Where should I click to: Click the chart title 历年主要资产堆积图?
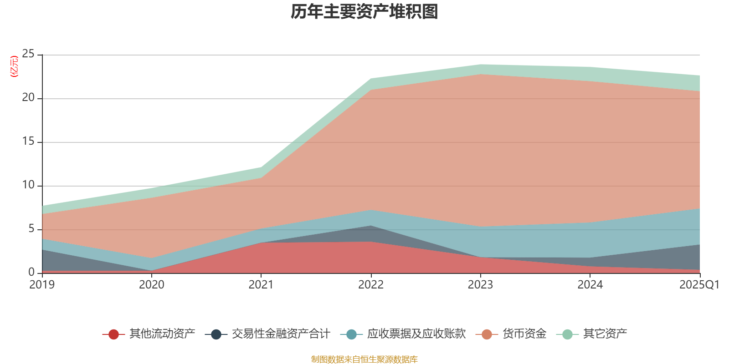[x=364, y=12]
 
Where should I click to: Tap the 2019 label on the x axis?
[x=42, y=285]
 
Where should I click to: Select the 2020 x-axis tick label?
[x=152, y=285]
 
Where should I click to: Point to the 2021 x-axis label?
[x=261, y=285]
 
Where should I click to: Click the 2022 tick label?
[x=371, y=285]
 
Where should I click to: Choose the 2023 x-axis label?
[x=480, y=285]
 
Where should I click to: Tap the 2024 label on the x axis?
[x=590, y=285]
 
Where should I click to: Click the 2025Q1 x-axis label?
[x=699, y=285]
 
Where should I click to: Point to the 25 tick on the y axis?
[x=28, y=54]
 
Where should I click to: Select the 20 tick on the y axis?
[x=28, y=98]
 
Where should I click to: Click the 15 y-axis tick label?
[x=28, y=142]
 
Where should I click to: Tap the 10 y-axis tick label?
[x=28, y=185]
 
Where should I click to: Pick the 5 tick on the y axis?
[x=31, y=229]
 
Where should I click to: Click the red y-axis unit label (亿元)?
[x=14, y=66]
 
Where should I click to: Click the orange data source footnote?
[x=364, y=359]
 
